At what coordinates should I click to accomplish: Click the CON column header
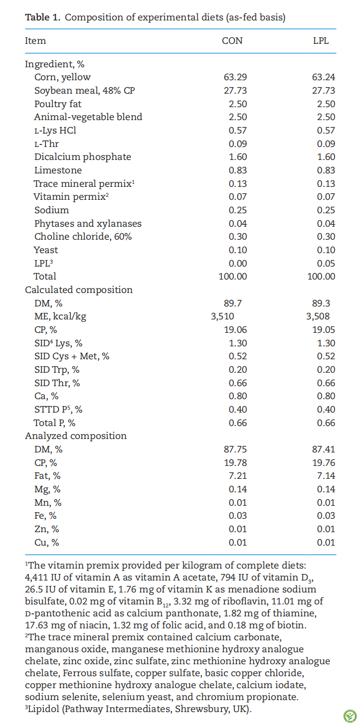point(232,41)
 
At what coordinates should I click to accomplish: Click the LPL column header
point(321,41)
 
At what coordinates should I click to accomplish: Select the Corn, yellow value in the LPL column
point(324,77)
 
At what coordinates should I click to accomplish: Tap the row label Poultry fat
point(58,104)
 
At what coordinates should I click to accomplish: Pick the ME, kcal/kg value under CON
point(222,316)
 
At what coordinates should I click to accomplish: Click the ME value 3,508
point(318,316)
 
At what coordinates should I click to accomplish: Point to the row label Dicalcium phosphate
point(83,157)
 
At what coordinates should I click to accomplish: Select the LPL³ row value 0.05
point(326,264)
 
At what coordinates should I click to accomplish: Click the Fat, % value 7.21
point(238,476)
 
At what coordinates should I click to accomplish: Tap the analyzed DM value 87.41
point(324,449)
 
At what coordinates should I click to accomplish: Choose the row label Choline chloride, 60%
point(83,237)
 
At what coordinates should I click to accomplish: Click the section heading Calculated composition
point(79,290)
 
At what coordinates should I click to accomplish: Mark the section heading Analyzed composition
point(76,436)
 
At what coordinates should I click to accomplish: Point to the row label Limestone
point(58,170)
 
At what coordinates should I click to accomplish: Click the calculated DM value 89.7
point(232,303)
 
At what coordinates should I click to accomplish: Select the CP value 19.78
point(235,463)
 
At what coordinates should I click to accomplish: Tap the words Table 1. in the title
point(43,17)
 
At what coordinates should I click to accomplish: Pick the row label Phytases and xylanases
point(88,224)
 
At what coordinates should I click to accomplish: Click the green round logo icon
point(350,716)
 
